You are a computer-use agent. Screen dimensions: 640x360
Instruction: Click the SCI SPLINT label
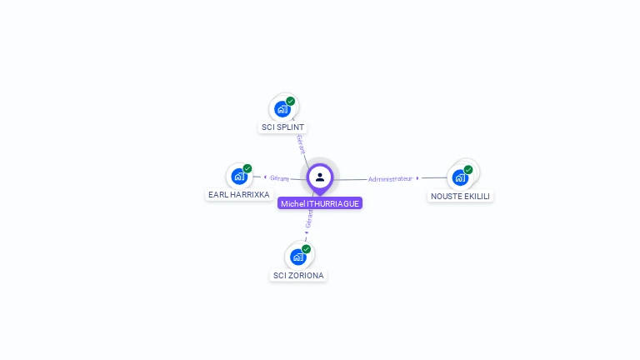[x=282, y=127]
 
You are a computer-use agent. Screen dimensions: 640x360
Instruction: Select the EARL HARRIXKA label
[x=238, y=194]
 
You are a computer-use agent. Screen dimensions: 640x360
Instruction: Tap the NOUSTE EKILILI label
[x=461, y=196]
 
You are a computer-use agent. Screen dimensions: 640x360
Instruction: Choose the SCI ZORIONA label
[x=298, y=275]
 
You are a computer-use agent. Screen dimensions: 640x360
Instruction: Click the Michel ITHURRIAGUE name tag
[x=320, y=203]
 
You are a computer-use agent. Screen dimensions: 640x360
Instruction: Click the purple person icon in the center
[x=320, y=177]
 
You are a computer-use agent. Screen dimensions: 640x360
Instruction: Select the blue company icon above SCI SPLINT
[x=282, y=108]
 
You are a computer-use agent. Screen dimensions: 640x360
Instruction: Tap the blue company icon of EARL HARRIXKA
[x=239, y=176]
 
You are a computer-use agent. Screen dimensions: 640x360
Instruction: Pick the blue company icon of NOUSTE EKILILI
[x=460, y=177]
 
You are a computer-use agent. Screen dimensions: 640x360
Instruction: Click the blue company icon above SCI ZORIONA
[x=298, y=256]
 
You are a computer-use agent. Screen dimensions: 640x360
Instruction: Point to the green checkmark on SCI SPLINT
[x=291, y=101]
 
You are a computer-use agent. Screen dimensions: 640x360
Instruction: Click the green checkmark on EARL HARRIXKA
[x=247, y=168]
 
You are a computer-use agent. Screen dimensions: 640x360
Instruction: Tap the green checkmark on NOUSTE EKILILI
[x=468, y=169]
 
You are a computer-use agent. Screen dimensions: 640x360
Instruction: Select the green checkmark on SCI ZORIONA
[x=307, y=248]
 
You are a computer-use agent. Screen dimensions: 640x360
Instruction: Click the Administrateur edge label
[x=390, y=178]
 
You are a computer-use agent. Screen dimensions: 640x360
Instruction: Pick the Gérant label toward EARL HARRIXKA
[x=279, y=177]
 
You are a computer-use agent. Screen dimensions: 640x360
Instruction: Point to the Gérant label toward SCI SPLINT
[x=301, y=143]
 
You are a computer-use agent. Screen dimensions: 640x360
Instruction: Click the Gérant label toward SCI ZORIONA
[x=309, y=218]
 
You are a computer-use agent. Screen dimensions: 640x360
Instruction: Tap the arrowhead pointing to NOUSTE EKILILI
[x=417, y=177]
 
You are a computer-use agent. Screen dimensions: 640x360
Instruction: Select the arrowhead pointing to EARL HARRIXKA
[x=264, y=177]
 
